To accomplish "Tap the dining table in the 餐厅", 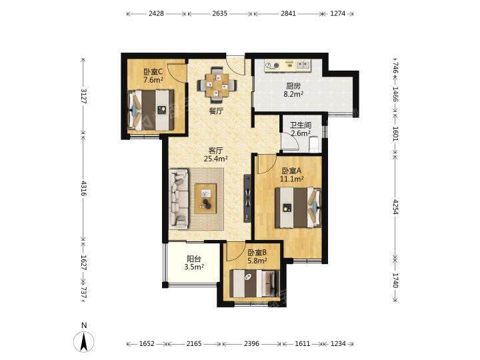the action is [x=217, y=85].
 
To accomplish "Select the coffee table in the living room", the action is [x=205, y=199].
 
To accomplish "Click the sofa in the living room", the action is [x=179, y=199].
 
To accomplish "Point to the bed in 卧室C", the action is [x=151, y=110].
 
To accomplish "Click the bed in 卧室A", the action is [x=298, y=207].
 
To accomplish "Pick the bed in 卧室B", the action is [x=255, y=283].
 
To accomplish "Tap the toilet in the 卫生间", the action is [x=315, y=144].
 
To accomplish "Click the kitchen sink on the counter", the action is [x=303, y=65].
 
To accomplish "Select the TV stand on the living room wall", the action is [x=247, y=198].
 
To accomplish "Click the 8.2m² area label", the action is [x=293, y=94].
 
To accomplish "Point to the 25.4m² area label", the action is [x=215, y=159].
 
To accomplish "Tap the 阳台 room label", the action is [x=194, y=259].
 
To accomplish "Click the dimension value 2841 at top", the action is [x=288, y=13].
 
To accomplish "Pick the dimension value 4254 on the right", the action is [x=395, y=207].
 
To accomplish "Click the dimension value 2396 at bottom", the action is [x=252, y=344].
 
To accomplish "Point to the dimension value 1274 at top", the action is [x=338, y=13].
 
